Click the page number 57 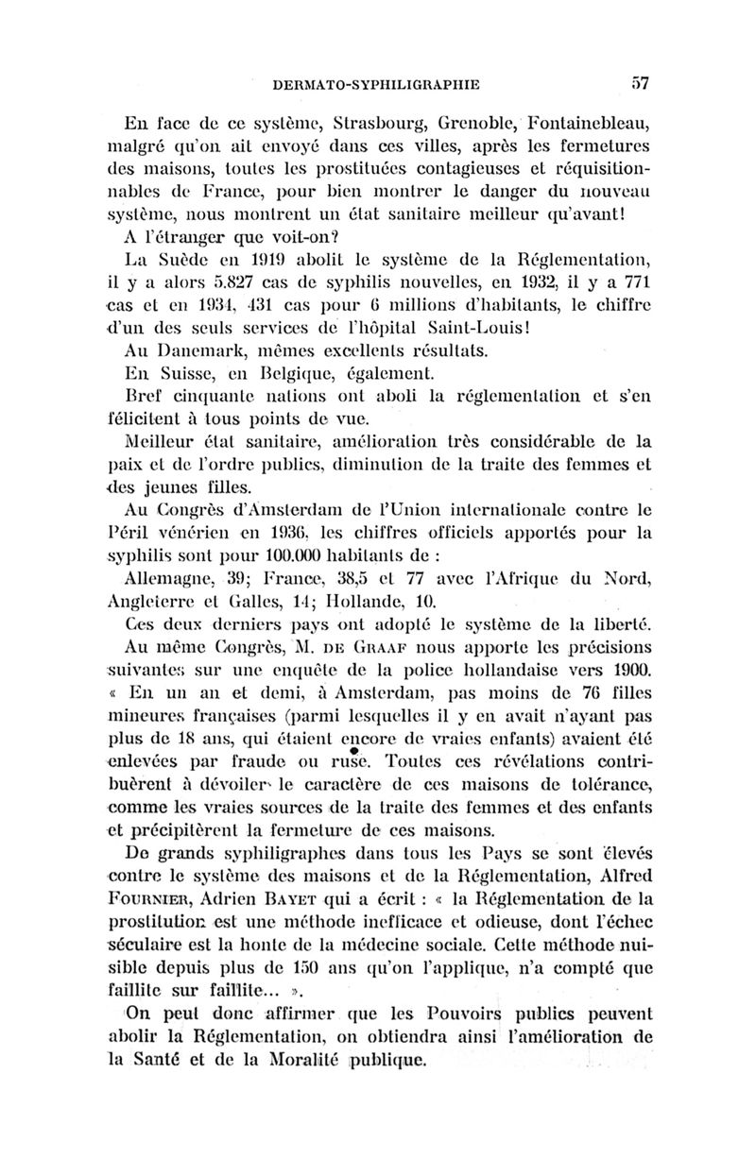tap(640, 83)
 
